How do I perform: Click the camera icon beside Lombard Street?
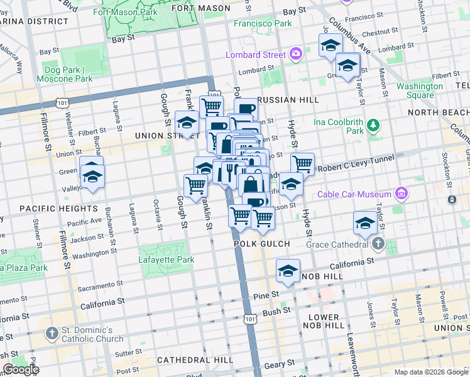tap(296, 54)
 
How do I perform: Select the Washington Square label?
tap(419, 90)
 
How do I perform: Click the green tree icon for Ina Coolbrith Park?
tap(373, 125)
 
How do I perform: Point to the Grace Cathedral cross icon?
tap(378, 243)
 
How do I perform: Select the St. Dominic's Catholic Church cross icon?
tap(52, 333)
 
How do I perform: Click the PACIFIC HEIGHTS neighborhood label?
tap(58, 208)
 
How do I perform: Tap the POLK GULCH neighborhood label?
tap(261, 244)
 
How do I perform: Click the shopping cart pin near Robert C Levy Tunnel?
tap(303, 165)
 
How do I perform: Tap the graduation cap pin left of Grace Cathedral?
tap(365, 222)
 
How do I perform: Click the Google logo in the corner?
tap(20, 369)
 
